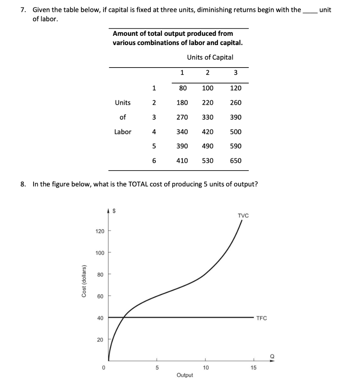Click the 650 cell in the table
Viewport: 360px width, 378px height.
(236, 161)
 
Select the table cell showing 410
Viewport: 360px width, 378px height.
(182, 161)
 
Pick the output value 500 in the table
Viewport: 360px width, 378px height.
(236, 132)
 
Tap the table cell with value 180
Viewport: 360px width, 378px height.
(182, 103)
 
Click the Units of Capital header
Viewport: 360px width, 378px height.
(210, 57)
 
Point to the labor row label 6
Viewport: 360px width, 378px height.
(154, 161)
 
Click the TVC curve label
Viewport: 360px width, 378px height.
(243, 216)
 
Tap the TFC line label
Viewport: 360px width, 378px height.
(262, 318)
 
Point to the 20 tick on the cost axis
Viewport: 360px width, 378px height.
(100, 340)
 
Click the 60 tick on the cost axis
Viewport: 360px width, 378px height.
(100, 296)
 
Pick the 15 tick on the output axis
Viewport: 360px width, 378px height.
(253, 368)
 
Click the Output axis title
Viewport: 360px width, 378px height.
(185, 375)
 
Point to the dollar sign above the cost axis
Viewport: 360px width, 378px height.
(114, 212)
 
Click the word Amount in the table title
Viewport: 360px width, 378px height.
(125, 34)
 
